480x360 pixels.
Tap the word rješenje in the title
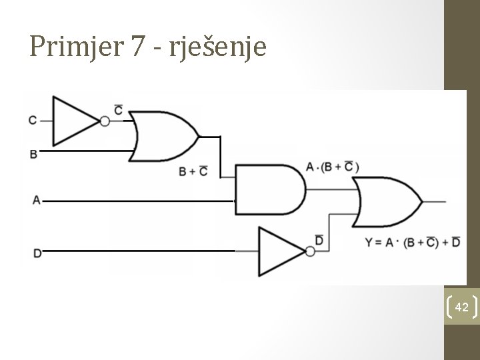coord(219,47)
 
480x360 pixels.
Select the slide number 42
coord(461,307)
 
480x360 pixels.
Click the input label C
coord(33,121)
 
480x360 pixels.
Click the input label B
coord(33,154)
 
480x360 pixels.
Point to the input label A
coord(36,199)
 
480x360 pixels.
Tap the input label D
coord(37,252)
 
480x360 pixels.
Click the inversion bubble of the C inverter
coord(105,121)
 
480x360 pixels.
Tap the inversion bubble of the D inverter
coord(309,251)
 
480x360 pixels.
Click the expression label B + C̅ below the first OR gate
coord(193,171)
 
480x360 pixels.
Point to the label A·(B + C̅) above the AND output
coord(332,167)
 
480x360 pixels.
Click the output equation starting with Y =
coord(412,241)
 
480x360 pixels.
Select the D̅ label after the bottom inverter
coord(319,239)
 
